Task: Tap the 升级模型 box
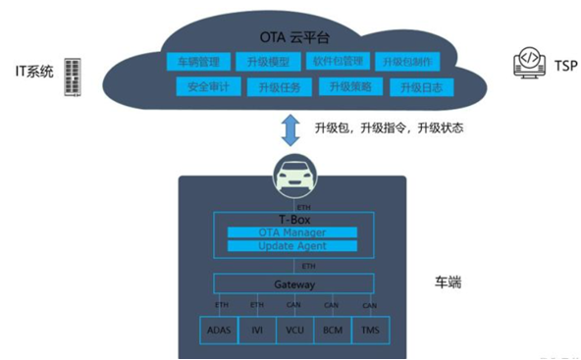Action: point(273,63)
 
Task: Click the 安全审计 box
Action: point(208,87)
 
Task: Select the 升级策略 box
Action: point(349,87)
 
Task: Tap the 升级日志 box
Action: point(419,87)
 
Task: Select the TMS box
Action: point(369,332)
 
